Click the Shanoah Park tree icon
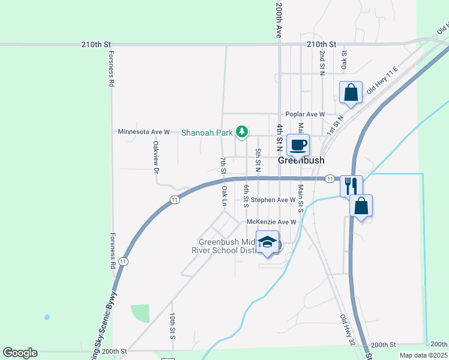tap(242, 131)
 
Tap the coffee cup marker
tap(298, 145)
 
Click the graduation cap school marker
tap(268, 242)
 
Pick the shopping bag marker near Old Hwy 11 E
tap(351, 92)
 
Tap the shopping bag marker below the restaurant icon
tap(361, 206)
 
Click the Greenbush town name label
tap(301, 161)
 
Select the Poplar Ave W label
tap(305, 114)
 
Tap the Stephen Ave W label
tap(273, 200)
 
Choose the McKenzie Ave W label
tap(272, 222)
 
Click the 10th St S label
tap(172, 326)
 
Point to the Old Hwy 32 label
tap(347, 330)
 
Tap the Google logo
tap(20, 353)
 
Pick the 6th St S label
tap(246, 196)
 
